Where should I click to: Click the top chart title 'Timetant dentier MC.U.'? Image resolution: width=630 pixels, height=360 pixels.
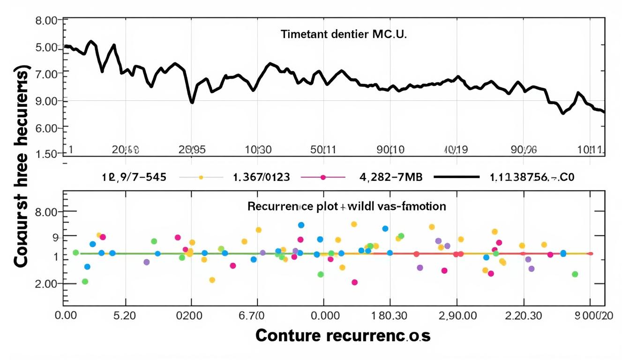point(344,34)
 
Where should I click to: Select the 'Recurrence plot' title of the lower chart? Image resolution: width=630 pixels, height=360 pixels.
point(346,206)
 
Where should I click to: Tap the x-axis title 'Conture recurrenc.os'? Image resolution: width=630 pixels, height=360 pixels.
point(343,336)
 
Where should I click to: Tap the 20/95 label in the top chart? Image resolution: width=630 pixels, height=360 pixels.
point(192,150)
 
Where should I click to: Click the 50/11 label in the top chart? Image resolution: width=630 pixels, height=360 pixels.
point(323,150)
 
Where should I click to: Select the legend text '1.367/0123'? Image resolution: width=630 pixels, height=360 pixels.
point(261,178)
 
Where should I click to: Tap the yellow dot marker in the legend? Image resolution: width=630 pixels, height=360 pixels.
point(201,178)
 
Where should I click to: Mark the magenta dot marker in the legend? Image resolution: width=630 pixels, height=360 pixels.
point(322,178)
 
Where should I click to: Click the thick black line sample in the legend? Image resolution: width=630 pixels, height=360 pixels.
point(457,178)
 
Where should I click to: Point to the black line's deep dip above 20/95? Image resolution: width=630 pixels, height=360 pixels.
point(192,102)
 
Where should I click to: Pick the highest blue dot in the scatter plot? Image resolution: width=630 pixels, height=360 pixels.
point(301,225)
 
